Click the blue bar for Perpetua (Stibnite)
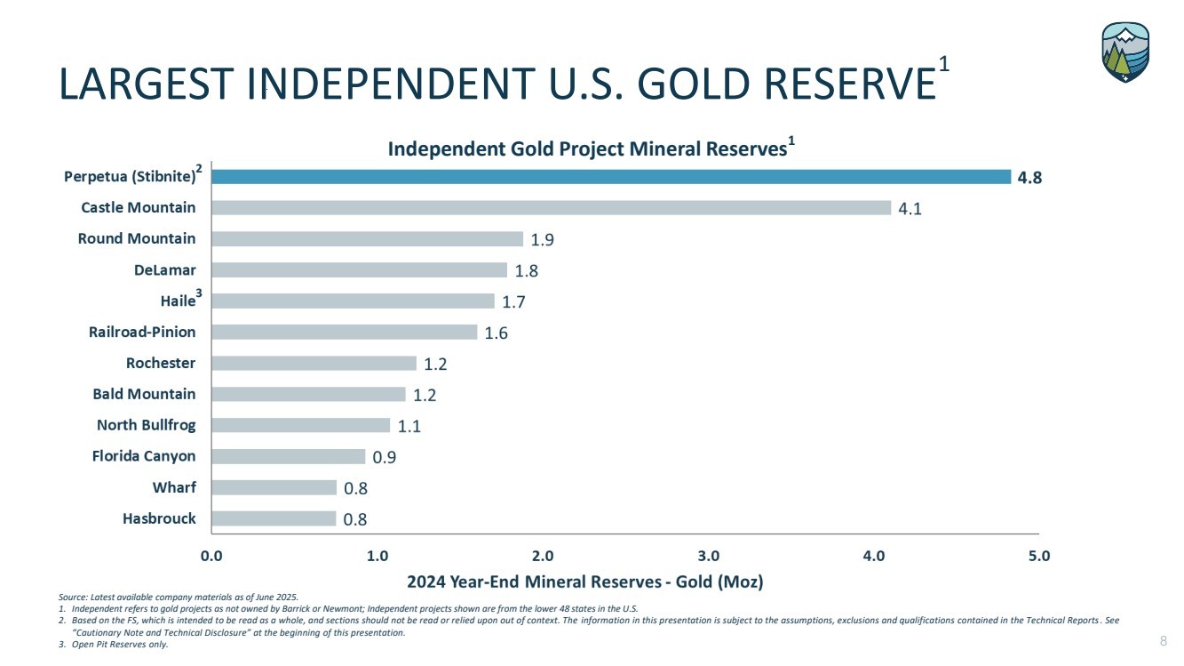(611, 176)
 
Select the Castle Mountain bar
(551, 207)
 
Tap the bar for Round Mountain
(367, 238)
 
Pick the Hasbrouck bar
(274, 518)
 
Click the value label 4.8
(1029, 177)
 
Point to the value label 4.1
(910, 209)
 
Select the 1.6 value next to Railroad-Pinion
(497, 333)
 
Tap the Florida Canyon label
(144, 456)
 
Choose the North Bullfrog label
(146, 425)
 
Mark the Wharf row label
(174, 487)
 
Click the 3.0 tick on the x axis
(708, 557)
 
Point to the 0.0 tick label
(211, 557)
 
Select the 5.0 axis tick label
(1039, 557)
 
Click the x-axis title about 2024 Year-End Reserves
(584, 582)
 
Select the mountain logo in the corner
(1125, 52)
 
